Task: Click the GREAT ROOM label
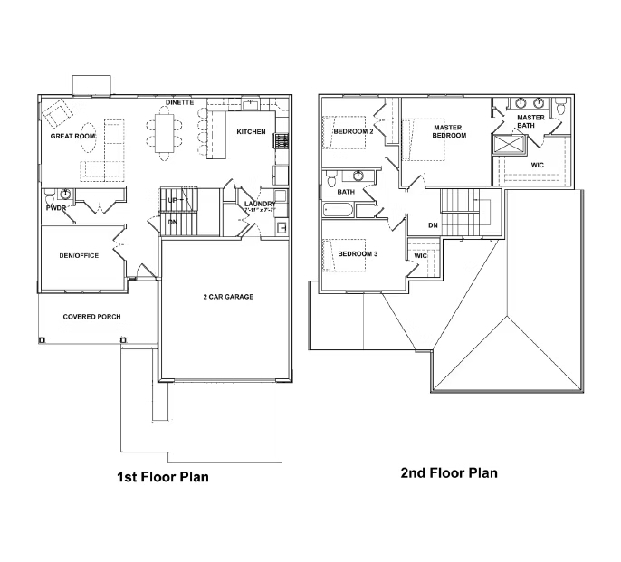pyautogui.click(x=72, y=136)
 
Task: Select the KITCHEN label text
pyautogui.click(x=251, y=132)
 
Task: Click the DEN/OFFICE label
pyautogui.click(x=79, y=256)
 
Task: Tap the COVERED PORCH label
pyautogui.click(x=91, y=317)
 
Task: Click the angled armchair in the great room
pyautogui.click(x=57, y=114)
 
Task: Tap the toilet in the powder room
pyautogui.click(x=65, y=194)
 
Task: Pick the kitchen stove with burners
pyautogui.click(x=282, y=140)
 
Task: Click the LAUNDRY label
pyautogui.click(x=260, y=205)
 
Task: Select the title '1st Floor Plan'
pyautogui.click(x=163, y=477)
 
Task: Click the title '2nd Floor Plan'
pyautogui.click(x=449, y=472)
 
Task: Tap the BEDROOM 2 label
pyautogui.click(x=353, y=132)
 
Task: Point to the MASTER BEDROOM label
pyautogui.click(x=448, y=131)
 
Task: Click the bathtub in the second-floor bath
pyautogui.click(x=339, y=210)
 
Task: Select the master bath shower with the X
pyautogui.click(x=509, y=145)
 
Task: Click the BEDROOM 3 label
pyautogui.click(x=358, y=253)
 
